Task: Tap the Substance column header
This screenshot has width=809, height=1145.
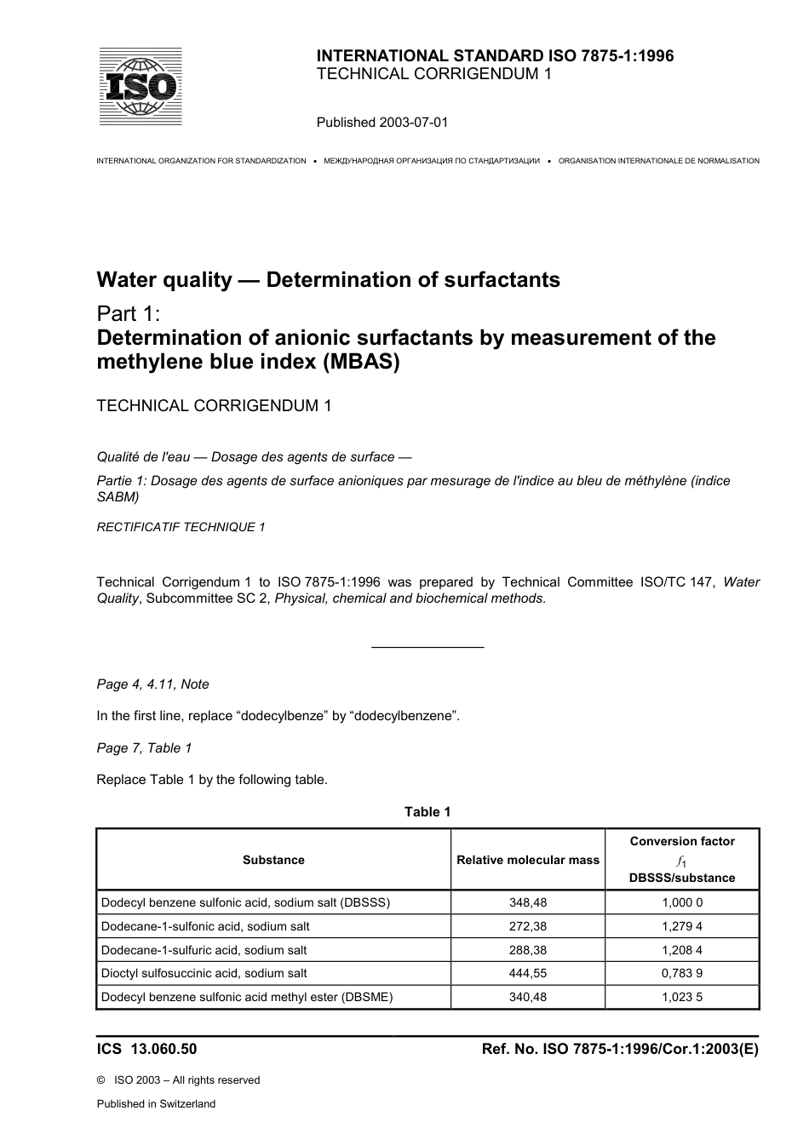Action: (x=273, y=860)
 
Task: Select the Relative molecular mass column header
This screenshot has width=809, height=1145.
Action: (x=528, y=860)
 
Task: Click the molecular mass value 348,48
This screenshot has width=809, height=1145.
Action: (x=528, y=902)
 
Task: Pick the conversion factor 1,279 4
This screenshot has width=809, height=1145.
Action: (x=682, y=926)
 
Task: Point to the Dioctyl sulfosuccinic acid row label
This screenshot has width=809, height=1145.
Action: (x=204, y=973)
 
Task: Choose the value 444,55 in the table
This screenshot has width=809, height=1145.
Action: (x=528, y=973)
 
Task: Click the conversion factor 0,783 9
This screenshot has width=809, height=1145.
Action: (x=682, y=973)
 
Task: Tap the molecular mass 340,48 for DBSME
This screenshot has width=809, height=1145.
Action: (x=528, y=997)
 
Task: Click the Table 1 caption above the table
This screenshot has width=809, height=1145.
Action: (x=427, y=811)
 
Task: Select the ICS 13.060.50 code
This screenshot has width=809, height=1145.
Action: (x=146, y=1049)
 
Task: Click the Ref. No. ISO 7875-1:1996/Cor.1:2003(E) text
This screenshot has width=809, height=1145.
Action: (x=619, y=1049)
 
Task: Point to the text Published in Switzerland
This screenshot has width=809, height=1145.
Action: (x=156, y=1103)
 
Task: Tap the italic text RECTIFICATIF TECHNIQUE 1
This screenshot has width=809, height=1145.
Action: (x=181, y=527)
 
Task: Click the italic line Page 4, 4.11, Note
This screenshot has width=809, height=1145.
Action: (x=152, y=684)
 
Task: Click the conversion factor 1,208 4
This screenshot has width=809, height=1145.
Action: (x=682, y=950)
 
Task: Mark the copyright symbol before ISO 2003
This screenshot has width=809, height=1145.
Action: (x=101, y=1080)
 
